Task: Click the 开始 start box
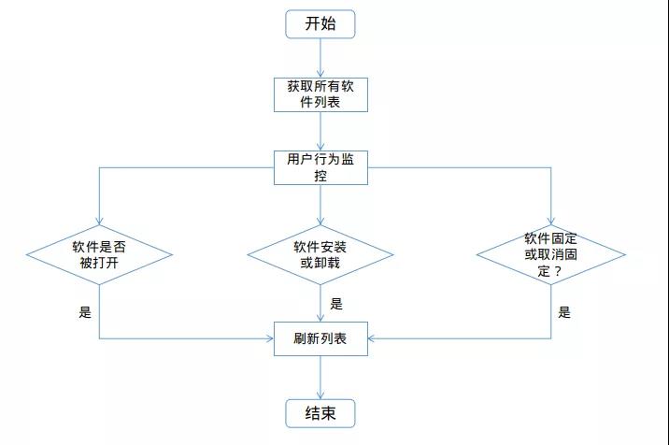coord(320,24)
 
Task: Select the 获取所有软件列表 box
coord(320,93)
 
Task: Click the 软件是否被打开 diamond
coord(99,254)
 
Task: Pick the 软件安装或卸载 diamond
coord(320,254)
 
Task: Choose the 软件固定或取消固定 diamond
coord(550,254)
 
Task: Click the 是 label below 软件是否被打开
coord(85,312)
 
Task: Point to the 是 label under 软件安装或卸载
coord(336,304)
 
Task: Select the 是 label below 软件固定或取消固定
coord(564,312)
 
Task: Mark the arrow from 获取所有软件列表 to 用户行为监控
coord(320,131)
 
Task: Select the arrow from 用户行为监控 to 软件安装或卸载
coord(320,204)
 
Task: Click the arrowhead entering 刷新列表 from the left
coord(268,337)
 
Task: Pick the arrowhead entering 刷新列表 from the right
coord(373,337)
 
